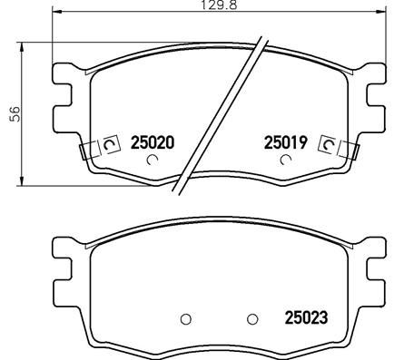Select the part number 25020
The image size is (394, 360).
click(x=152, y=142)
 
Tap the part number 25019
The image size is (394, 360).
click(x=286, y=142)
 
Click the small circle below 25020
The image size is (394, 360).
click(x=152, y=161)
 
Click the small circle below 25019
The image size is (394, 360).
click(x=286, y=161)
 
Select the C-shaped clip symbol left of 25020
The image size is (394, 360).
click(x=111, y=143)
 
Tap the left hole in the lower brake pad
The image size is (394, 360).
click(x=186, y=318)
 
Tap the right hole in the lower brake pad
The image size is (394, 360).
click(x=253, y=318)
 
